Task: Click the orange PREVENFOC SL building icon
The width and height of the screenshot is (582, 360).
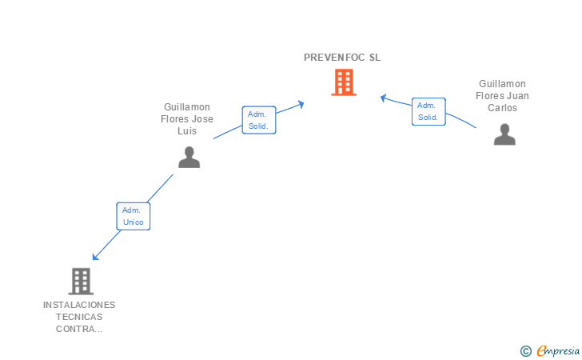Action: coord(344,82)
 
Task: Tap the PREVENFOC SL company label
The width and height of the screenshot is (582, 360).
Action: coord(342,58)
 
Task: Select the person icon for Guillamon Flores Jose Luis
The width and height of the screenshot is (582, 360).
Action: coord(189,157)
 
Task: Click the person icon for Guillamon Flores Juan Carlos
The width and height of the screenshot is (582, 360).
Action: coord(504,134)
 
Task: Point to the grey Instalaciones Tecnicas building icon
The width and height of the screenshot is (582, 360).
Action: coord(81,282)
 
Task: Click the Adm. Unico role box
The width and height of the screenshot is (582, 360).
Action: coord(134,216)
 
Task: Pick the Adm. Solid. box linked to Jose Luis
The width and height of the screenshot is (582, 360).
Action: coord(259,120)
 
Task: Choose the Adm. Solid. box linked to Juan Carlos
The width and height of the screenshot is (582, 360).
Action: coord(429,111)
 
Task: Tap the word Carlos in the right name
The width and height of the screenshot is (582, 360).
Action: coord(502,108)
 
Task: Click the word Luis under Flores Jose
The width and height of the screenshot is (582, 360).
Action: coord(187,131)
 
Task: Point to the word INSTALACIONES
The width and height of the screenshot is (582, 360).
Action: coord(79,305)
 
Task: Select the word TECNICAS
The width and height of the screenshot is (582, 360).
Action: coord(79,317)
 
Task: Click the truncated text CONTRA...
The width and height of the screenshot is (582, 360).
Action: coord(79,329)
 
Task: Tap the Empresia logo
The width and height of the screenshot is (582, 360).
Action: coord(558,350)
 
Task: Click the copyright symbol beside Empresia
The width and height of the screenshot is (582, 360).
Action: coord(526,351)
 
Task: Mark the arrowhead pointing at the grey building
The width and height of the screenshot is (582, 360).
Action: coord(95,257)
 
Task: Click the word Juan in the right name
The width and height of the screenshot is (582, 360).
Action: coord(518,96)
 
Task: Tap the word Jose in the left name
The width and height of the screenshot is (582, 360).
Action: coord(203,119)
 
